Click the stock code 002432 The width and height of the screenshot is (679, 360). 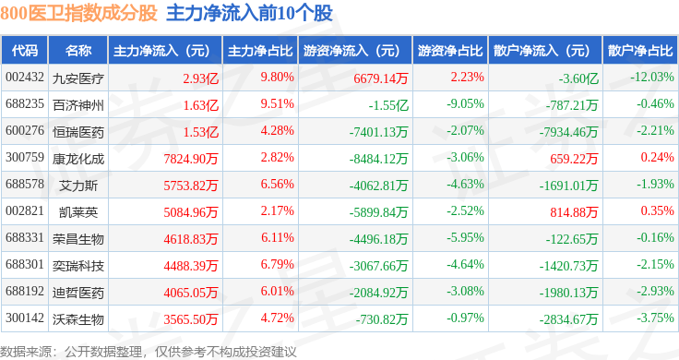click(25, 78)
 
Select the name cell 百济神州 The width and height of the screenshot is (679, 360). click(78, 105)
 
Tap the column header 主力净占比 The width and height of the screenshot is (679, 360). click(260, 51)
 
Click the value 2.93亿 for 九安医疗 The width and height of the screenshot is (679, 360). click(200, 78)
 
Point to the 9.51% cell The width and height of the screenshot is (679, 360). click(277, 104)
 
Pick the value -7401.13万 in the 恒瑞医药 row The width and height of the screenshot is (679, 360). click(379, 132)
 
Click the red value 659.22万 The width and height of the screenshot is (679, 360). click(574, 159)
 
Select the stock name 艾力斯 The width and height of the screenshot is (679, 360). click(78, 186)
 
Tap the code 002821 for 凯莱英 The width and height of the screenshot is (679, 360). click(25, 211)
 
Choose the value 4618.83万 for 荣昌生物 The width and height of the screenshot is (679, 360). click(191, 239)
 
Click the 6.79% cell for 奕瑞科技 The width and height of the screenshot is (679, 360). click(277, 264)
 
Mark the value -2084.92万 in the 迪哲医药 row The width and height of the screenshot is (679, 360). click(379, 293)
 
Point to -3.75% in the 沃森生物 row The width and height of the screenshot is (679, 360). click(655, 318)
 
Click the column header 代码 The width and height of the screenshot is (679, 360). click(25, 51)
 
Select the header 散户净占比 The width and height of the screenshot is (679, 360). click(640, 51)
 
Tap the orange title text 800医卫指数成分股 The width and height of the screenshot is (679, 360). click(78, 13)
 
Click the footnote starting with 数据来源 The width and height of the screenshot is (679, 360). click(149, 352)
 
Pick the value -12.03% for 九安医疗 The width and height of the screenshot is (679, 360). click(652, 78)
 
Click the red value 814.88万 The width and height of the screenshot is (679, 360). click(574, 211)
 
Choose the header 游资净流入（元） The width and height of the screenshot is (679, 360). click(351, 51)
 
